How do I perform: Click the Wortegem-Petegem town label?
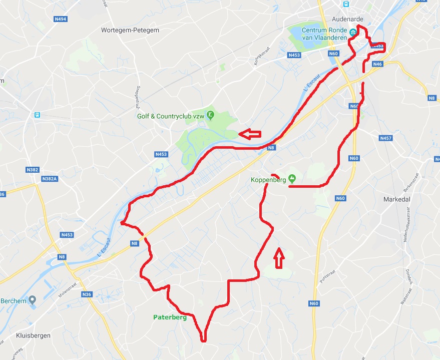130,30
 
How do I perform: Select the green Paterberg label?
170,317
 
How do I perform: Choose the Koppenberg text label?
269,179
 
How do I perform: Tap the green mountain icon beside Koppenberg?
292,178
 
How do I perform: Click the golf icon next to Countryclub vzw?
211,116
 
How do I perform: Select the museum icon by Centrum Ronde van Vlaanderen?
353,32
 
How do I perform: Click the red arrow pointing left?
250,134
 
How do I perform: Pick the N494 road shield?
60,19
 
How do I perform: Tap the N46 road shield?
378,64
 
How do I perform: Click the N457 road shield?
386,138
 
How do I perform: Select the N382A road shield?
50,179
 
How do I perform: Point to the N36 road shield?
87,294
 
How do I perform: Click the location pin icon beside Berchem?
33,300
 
